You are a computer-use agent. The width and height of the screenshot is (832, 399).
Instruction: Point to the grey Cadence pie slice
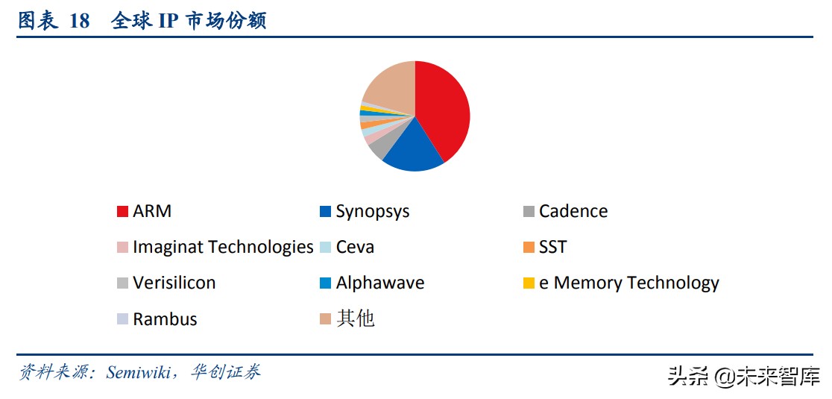pyautogui.click(x=379, y=146)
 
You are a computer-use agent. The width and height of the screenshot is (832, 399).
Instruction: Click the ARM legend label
pyautogui.click(x=152, y=211)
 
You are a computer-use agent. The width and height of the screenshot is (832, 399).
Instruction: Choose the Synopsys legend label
pyautogui.click(x=372, y=211)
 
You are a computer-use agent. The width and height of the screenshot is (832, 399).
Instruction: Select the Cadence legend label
pyautogui.click(x=573, y=211)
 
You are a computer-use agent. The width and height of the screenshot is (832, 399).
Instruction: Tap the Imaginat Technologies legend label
pyautogui.click(x=223, y=247)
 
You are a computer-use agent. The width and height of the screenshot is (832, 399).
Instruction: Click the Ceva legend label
pyautogui.click(x=355, y=247)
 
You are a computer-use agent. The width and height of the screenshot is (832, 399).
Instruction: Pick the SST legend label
pyautogui.click(x=552, y=247)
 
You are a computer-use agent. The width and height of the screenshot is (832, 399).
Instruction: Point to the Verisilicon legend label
pyautogui.click(x=174, y=283)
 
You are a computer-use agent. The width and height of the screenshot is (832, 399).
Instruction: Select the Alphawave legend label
pyautogui.click(x=379, y=283)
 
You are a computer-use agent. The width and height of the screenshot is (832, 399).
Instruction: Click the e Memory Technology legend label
pyautogui.click(x=628, y=283)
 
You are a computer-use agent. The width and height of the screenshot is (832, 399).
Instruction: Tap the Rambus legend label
pyautogui.click(x=165, y=319)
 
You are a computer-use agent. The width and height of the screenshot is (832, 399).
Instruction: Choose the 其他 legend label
pyautogui.click(x=355, y=318)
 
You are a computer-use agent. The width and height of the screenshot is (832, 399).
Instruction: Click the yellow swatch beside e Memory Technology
pyautogui.click(x=529, y=283)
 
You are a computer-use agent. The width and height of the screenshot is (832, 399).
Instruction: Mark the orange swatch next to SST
pyautogui.click(x=529, y=248)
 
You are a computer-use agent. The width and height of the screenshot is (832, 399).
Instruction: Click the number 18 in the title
pyautogui.click(x=79, y=21)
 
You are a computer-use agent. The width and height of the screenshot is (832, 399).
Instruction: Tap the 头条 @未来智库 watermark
pyautogui.click(x=743, y=376)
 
